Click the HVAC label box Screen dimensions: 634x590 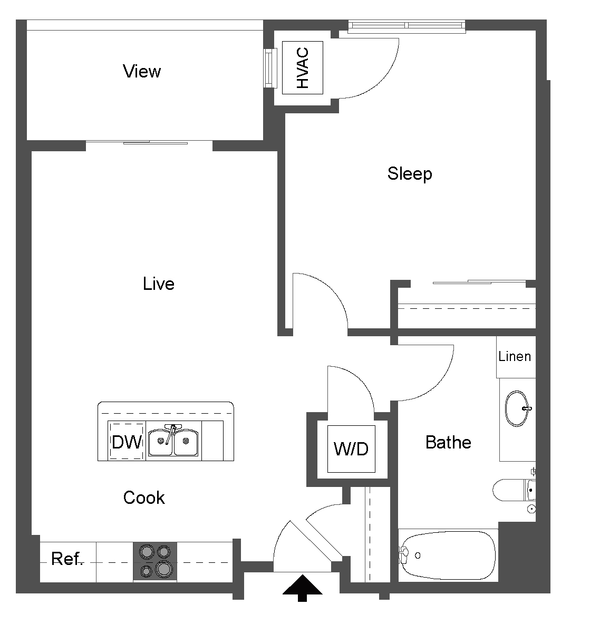pyautogui.click(x=302, y=68)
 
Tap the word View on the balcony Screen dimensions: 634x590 pyautogui.click(x=141, y=71)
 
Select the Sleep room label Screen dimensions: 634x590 pyautogui.click(x=410, y=173)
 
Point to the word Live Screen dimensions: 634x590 pyautogui.click(x=158, y=284)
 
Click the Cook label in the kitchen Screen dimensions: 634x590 pyautogui.click(x=144, y=498)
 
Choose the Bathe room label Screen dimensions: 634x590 pyautogui.click(x=448, y=442)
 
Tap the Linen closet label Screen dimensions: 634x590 pyautogui.click(x=515, y=357)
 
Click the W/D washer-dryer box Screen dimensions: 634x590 pyautogui.click(x=351, y=449)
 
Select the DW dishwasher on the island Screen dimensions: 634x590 pyautogui.click(x=127, y=442)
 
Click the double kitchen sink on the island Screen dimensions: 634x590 pyautogui.click(x=173, y=442)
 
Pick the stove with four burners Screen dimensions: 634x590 pyautogui.click(x=155, y=561)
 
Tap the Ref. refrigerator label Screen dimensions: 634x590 pyautogui.click(x=67, y=559)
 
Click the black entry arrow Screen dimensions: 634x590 pyautogui.click(x=302, y=587)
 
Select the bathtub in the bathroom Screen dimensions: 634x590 pyautogui.click(x=448, y=555)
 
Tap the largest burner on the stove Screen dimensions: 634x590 pyautogui.click(x=164, y=569)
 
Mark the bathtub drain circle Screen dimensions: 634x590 pyautogui.click(x=418, y=555)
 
